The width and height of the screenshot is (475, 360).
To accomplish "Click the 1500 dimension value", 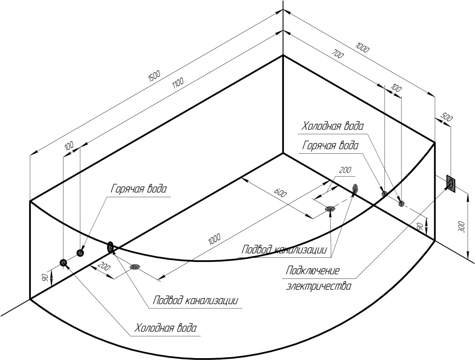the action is (x=154, y=77).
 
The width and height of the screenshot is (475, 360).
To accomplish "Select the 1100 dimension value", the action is (x=178, y=83).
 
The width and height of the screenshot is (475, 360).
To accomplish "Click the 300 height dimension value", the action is (x=462, y=226).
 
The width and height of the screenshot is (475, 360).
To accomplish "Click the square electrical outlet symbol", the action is (x=451, y=183).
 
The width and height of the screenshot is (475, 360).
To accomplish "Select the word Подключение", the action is (x=313, y=270).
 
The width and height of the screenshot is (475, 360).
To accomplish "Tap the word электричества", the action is (x=319, y=286).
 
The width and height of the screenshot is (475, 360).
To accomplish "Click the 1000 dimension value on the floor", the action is (x=214, y=240).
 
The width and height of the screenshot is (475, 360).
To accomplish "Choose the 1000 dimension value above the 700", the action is (x=362, y=48).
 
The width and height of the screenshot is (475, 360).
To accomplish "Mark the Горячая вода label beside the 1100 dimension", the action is (x=139, y=189).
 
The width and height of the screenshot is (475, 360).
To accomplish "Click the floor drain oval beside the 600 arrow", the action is (x=330, y=209).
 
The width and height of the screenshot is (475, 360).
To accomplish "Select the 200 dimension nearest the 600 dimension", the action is (x=345, y=170).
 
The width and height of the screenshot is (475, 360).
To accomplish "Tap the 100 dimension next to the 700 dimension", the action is (x=396, y=89).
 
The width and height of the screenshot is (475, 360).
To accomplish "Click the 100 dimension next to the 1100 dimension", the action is (x=69, y=146).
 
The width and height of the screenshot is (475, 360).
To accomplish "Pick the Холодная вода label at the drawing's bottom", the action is (x=166, y=328).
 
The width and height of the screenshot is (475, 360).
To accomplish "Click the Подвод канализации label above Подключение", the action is (x=284, y=250).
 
